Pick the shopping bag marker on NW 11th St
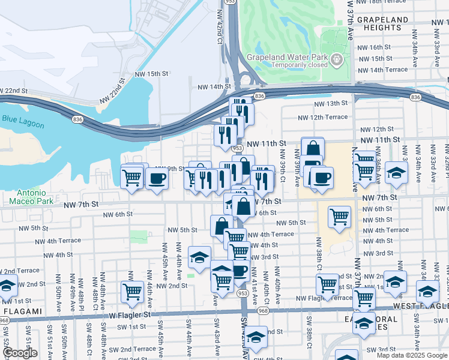pos(313,148)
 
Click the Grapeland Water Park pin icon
pos(337,59)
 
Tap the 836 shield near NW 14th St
pos(259,96)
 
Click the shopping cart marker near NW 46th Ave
pos(132,292)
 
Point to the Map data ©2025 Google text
pos(411,355)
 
